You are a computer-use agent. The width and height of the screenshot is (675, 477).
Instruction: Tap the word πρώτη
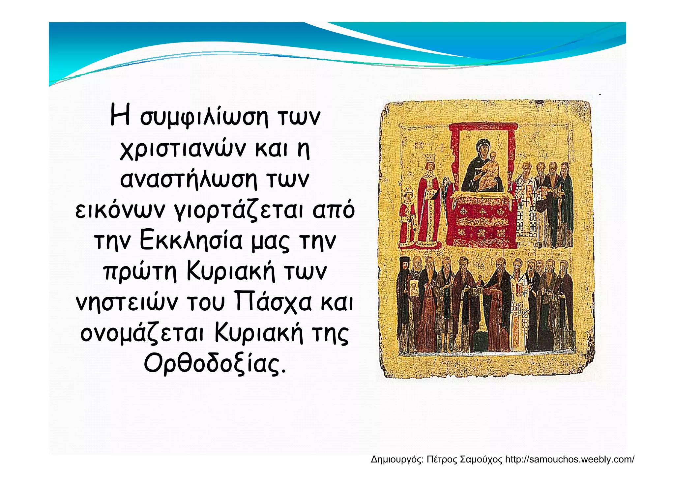pyautogui.click(x=140, y=272)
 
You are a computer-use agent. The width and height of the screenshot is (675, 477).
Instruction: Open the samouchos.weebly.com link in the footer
pyautogui.click(x=570, y=459)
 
